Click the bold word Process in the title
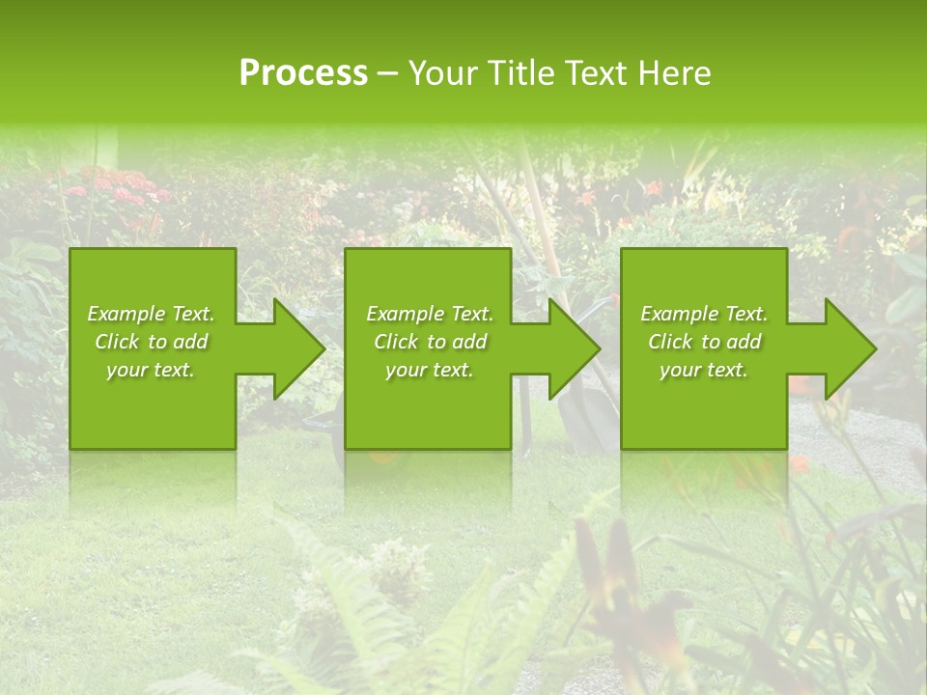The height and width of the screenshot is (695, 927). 303,73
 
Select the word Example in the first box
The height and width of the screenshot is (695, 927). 126,314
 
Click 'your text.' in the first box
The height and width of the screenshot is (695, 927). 151,370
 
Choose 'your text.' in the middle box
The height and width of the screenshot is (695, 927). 430,370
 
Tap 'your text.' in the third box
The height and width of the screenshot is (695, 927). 704,370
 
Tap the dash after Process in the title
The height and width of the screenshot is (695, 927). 388,74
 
